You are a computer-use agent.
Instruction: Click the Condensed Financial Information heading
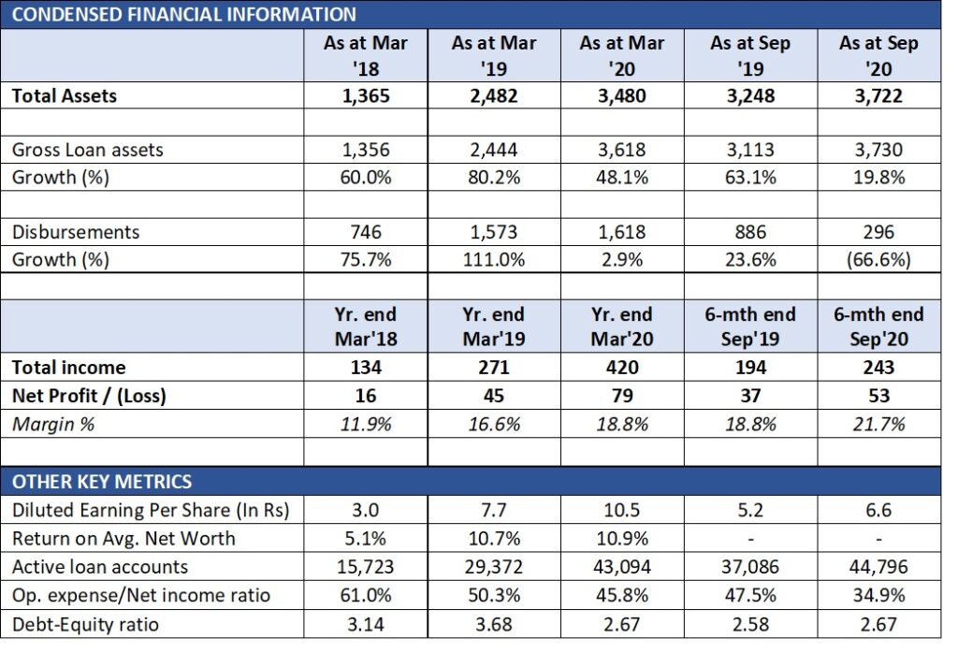pyautogui.click(x=184, y=14)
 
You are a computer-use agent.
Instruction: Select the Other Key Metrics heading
pyautogui.click(x=102, y=482)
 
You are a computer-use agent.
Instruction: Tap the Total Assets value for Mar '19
pyautogui.click(x=494, y=95)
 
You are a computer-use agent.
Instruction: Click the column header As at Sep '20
pyautogui.click(x=878, y=56)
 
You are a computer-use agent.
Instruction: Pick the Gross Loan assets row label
pyautogui.click(x=89, y=150)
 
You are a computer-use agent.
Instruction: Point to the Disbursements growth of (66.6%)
pyautogui.click(x=878, y=260)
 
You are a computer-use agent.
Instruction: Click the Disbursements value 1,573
pyautogui.click(x=494, y=232)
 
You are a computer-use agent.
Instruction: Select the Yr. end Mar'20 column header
pyautogui.click(x=622, y=326)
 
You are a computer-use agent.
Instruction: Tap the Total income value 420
pyautogui.click(x=622, y=368)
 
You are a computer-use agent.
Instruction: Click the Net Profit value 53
pyautogui.click(x=878, y=396)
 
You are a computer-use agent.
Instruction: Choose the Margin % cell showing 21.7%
pyautogui.click(x=878, y=424)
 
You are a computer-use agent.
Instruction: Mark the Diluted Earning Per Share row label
pyautogui.click(x=151, y=510)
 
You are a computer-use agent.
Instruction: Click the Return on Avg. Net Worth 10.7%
pyautogui.click(x=494, y=538)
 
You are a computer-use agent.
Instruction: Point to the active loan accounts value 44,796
pyautogui.click(x=878, y=567)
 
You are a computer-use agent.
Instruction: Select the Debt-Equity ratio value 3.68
pyautogui.click(x=494, y=624)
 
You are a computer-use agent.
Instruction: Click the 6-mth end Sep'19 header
pyautogui.click(x=751, y=326)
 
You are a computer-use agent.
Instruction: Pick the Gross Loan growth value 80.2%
pyautogui.click(x=494, y=178)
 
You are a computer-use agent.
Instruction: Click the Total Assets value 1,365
pyautogui.click(x=366, y=95)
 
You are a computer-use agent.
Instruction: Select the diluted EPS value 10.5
pyautogui.click(x=622, y=510)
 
